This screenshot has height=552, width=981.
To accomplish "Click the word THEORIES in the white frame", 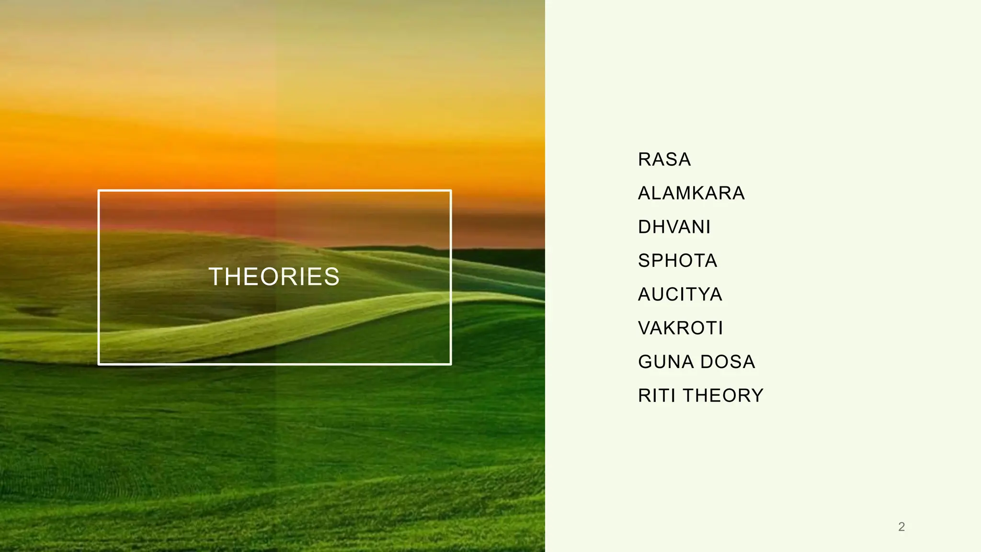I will [x=274, y=277].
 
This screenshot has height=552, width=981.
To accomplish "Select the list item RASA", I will [x=664, y=160].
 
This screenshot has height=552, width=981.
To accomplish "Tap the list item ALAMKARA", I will [x=691, y=193].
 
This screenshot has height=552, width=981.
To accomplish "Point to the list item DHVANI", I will [x=674, y=227].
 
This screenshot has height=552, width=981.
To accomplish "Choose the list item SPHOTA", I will [x=677, y=261].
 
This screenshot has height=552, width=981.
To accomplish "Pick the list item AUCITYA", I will [x=680, y=294].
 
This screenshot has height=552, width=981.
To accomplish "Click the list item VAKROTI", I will [x=680, y=328].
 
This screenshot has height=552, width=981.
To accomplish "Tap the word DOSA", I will [x=728, y=362].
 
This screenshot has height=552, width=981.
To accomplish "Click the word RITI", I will [x=657, y=396].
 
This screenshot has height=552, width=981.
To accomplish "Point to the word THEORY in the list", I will [x=723, y=396].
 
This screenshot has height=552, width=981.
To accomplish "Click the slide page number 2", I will [x=901, y=527].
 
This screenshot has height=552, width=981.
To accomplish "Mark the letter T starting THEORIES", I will [x=216, y=277].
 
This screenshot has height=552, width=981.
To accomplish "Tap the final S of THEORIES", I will [x=332, y=277].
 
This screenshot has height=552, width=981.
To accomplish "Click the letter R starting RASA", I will [x=644, y=160].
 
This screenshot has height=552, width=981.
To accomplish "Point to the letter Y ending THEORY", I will [x=758, y=396].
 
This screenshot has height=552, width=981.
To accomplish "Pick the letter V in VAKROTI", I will [x=645, y=328].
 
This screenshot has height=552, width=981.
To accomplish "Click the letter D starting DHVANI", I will [x=644, y=227].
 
